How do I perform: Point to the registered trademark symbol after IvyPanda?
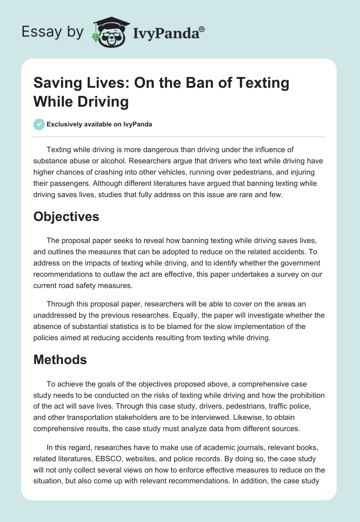[202, 29]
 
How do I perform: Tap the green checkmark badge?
[40, 125]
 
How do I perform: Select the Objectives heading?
[66, 217]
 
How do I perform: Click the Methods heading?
[60, 360]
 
